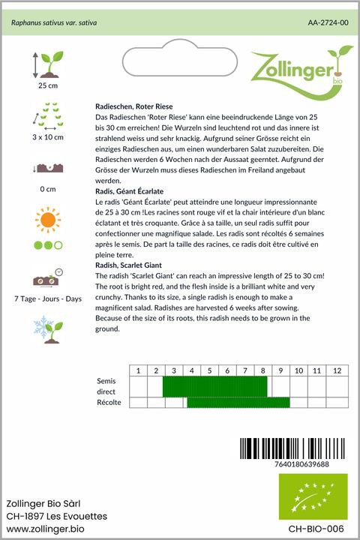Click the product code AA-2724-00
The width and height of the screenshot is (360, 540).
(328, 23)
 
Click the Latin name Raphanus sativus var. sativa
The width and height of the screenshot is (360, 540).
(54, 23)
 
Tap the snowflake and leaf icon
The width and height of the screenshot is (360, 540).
(46, 325)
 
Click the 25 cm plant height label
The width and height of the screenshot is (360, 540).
(47, 85)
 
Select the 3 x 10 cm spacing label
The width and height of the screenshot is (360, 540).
(47, 137)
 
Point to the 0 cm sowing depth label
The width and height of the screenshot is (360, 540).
(47, 188)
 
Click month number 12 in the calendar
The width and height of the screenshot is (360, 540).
(337, 370)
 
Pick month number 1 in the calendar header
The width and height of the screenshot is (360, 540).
(138, 370)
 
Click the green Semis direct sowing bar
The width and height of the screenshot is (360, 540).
(214, 386)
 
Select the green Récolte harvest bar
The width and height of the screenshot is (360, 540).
(238, 403)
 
